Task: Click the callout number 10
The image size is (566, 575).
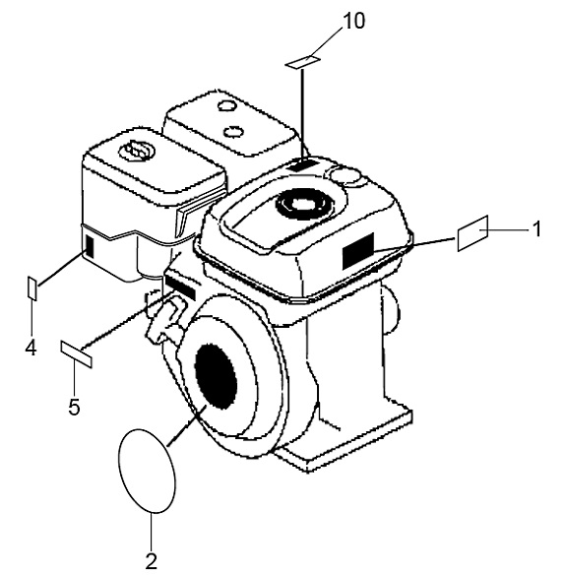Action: [353, 21]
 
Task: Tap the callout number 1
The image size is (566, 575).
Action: [536, 228]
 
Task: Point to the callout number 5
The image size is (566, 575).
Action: [74, 407]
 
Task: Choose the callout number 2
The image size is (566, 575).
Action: [151, 560]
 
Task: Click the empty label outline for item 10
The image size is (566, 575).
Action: [303, 62]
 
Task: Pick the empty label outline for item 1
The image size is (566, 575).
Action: [472, 233]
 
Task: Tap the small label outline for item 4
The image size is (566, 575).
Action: [32, 288]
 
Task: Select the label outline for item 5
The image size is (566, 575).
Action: [76, 353]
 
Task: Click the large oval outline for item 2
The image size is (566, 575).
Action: [148, 471]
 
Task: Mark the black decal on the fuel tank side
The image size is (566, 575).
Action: [357, 251]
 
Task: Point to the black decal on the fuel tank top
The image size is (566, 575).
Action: [303, 165]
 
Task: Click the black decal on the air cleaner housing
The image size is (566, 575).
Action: [90, 247]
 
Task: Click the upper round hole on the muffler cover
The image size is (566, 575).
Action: [225, 105]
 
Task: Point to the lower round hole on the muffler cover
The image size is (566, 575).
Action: [233, 131]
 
